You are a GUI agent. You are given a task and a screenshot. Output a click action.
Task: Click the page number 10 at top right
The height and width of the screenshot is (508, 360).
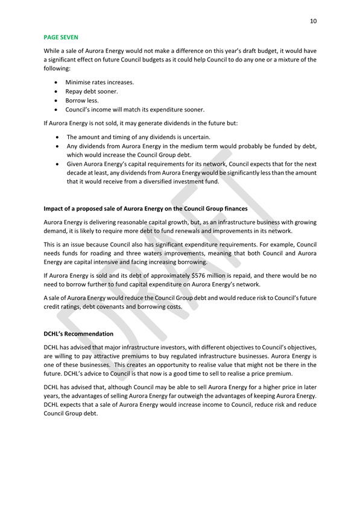click(313, 21)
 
